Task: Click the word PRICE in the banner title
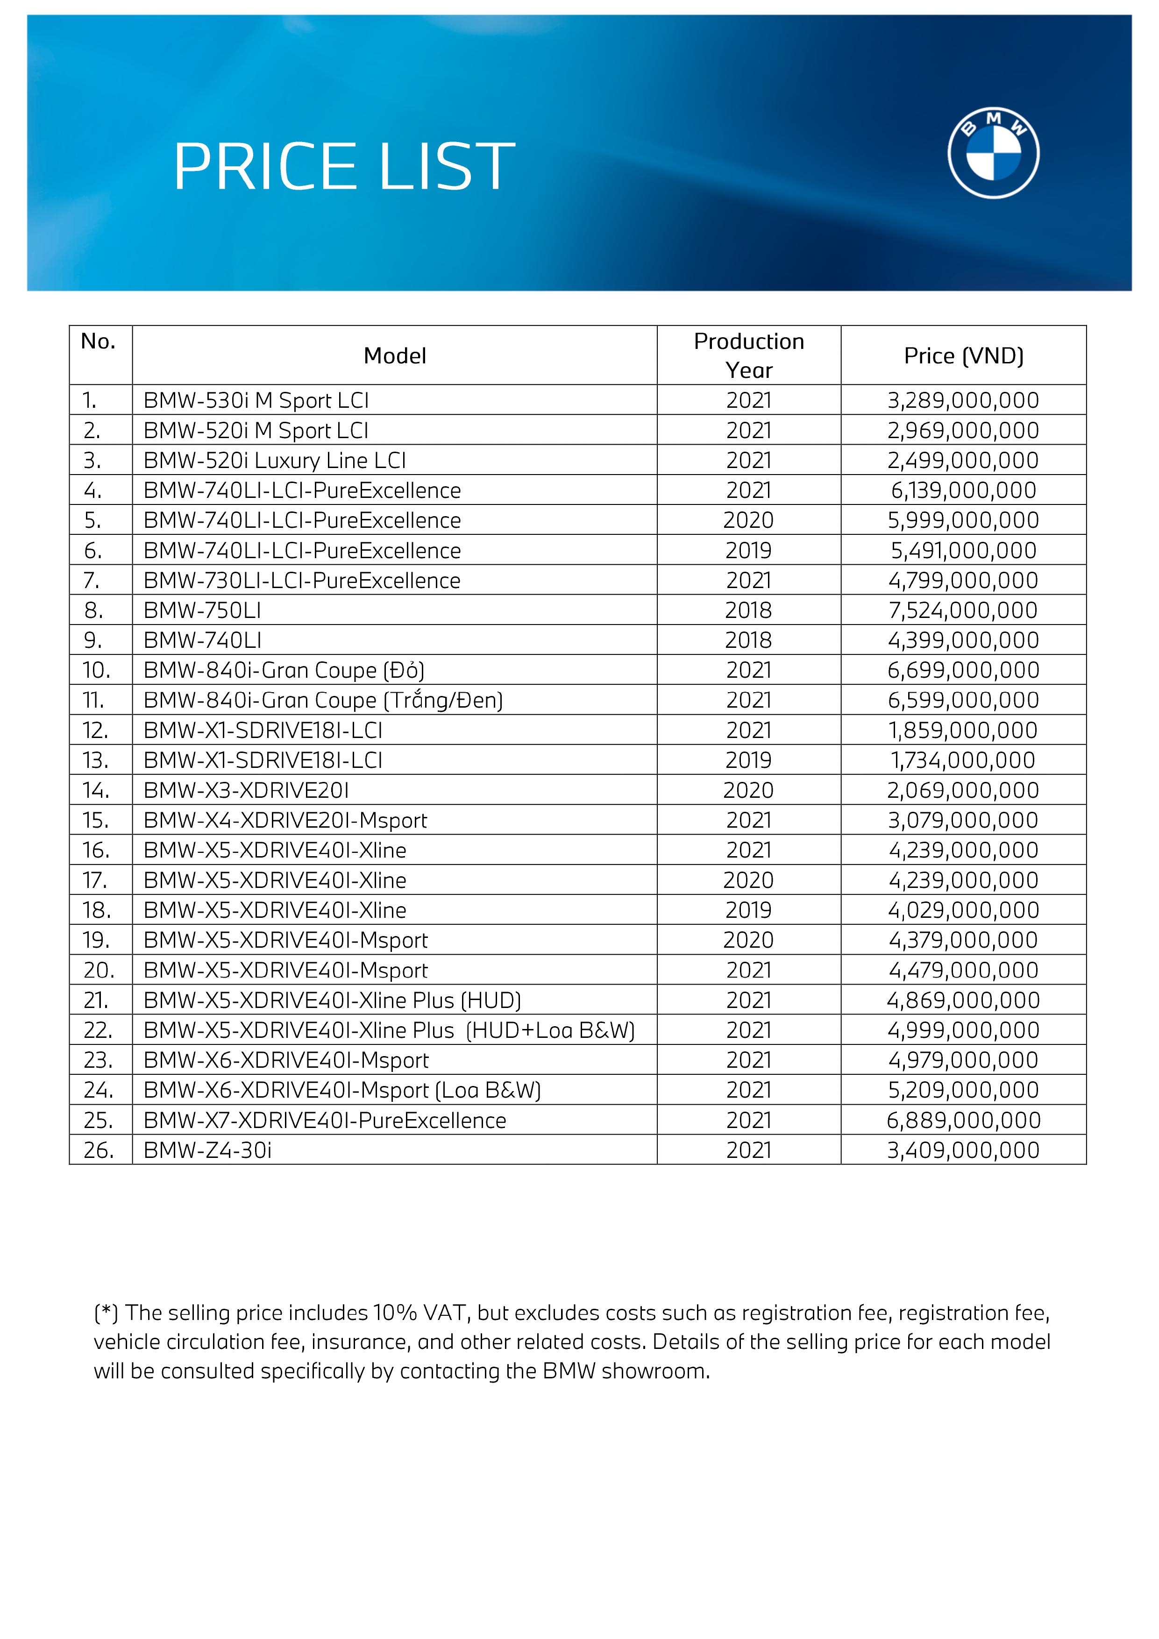point(265,167)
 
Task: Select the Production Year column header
point(748,355)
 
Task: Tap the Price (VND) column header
point(963,355)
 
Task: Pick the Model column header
point(394,355)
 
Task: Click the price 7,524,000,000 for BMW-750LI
point(963,610)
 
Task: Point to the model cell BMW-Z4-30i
point(207,1150)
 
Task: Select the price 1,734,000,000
point(963,760)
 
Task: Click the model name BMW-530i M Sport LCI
point(256,400)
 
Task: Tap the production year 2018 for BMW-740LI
point(748,640)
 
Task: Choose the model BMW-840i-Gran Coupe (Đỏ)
point(284,670)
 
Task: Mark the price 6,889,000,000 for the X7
point(963,1120)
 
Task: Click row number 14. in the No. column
point(96,790)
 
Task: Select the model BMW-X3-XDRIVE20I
point(246,790)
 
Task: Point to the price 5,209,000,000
point(963,1090)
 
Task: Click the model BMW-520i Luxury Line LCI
point(274,461)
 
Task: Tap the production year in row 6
point(748,550)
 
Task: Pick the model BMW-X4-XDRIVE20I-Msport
point(285,820)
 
